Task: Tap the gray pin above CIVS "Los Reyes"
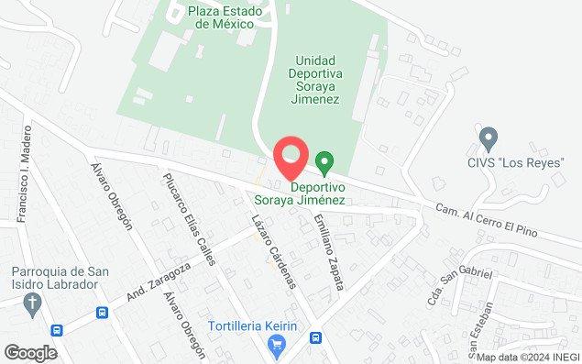pos(488,139)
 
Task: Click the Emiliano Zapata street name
pos(327,251)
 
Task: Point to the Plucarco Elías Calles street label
pos(188,218)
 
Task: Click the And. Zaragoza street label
pos(159,281)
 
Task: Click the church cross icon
pos(33,303)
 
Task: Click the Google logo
pos(30,353)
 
